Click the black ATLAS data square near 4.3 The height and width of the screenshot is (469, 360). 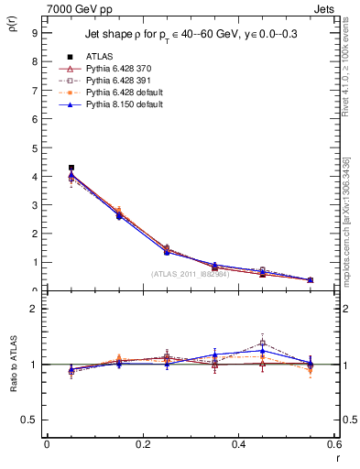(71, 168)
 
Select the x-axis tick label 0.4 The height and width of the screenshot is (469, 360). (237, 445)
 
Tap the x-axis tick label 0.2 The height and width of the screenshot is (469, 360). (142, 445)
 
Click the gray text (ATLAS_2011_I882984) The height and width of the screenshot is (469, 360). (190, 274)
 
